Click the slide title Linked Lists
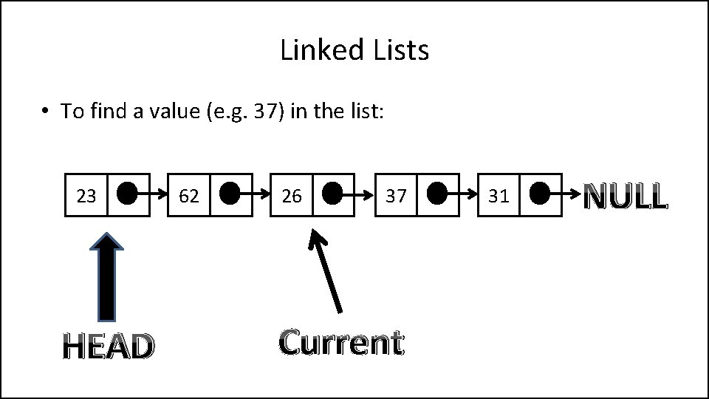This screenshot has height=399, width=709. coord(354,51)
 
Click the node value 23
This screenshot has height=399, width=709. coord(86,196)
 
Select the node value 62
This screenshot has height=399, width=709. coord(189,196)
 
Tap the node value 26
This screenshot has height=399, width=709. coord(292,196)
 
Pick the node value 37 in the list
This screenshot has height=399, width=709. coord(396,196)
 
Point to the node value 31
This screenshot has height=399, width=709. coord(499,196)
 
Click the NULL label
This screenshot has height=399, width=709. coord(626,197)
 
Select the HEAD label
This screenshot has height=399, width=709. coord(109,346)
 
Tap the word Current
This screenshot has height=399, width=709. coord(341,342)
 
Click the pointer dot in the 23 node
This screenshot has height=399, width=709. coord(127,194)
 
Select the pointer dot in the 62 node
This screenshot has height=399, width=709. coord(230,194)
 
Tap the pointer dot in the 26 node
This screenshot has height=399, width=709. coord(332,194)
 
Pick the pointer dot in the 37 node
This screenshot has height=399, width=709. coord(437,194)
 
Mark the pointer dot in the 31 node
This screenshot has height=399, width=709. coord(540,194)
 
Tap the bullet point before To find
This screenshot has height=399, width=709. coord(45,112)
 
